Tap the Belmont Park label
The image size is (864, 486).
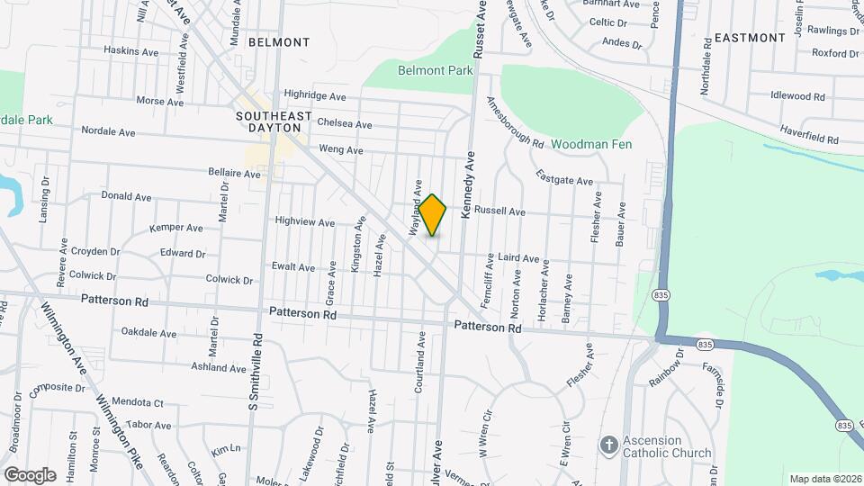tap(436, 69)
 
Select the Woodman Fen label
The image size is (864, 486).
tap(591, 144)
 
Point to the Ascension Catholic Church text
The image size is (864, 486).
tap(666, 446)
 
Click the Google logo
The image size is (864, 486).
tap(30, 474)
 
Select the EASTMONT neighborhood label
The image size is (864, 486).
tap(751, 38)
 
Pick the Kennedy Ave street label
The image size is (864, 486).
tap(468, 185)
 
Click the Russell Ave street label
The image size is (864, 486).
tap(499, 211)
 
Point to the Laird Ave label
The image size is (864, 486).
tap(518, 258)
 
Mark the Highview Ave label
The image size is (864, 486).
tap(304, 221)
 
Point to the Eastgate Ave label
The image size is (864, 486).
tap(564, 176)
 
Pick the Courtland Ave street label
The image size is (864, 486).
tap(419, 363)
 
